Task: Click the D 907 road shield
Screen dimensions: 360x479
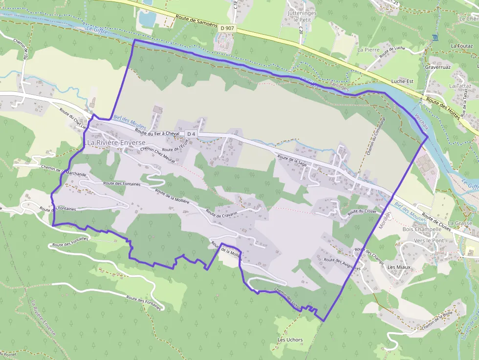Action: click(x=228, y=28)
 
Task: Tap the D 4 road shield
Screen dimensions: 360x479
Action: click(x=191, y=134)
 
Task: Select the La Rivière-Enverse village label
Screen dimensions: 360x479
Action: click(x=111, y=143)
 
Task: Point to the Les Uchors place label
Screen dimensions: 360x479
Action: click(x=290, y=340)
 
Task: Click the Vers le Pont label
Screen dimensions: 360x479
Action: click(x=429, y=241)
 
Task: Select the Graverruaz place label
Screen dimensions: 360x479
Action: click(x=437, y=66)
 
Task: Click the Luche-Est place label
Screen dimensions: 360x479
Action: click(x=403, y=82)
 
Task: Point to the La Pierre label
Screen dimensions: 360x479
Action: click(x=368, y=50)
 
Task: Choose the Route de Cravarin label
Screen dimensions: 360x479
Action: click(x=221, y=213)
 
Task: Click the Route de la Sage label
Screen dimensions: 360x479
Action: click(x=292, y=161)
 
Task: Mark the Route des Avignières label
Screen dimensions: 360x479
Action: click(x=342, y=264)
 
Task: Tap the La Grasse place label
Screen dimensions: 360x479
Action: click(x=463, y=223)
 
